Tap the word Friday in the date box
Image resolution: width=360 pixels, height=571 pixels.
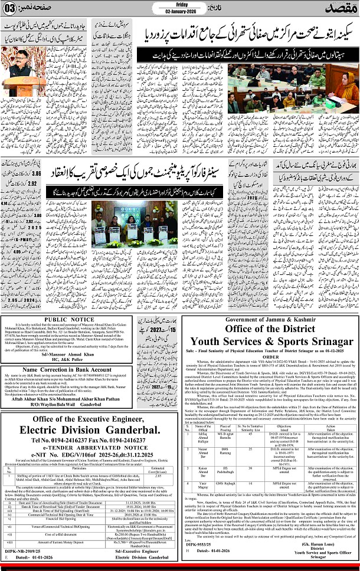(x=181, y=3)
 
